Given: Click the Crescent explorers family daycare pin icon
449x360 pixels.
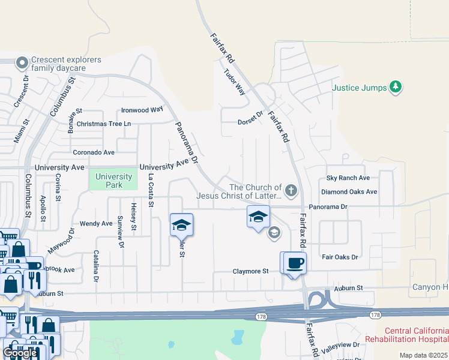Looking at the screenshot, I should pos(22,63).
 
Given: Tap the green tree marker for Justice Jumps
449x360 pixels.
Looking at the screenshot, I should pos(395,87).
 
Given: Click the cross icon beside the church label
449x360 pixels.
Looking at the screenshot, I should pos(291,191).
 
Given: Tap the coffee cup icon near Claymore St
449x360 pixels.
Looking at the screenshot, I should pos(295,263).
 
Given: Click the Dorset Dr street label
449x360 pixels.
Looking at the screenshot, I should pos(251,118).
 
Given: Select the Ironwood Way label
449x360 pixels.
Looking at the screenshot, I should pos(142,110).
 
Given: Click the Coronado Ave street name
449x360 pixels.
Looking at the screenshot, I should pos(93,152).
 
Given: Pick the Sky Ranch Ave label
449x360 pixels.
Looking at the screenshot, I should pos(348,178).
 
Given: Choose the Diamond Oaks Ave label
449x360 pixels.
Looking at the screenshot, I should pos(349,192).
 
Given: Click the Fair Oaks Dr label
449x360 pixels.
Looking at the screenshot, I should pos(340,257).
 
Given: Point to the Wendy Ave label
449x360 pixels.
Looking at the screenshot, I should pos(96,223).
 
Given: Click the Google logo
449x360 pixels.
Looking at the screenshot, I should pos(20,353).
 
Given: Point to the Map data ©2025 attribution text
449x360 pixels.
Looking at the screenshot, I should pos(423,355).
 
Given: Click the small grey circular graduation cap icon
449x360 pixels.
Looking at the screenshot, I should pos(274,233).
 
